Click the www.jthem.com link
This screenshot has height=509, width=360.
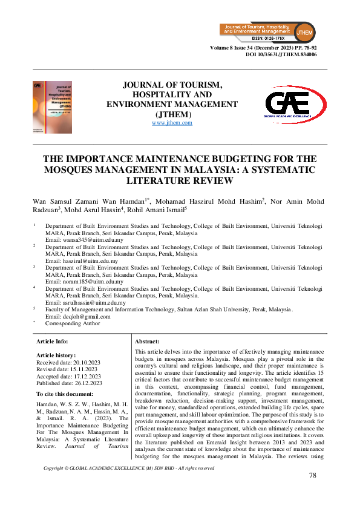[x=172, y=123]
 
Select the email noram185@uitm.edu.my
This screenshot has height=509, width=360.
[x=85, y=282]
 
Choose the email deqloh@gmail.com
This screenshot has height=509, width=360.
[x=78, y=316]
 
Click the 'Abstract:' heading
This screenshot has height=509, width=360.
[x=147, y=342]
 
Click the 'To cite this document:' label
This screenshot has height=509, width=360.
[x=68, y=394]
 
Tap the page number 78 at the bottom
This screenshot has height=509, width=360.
[x=312, y=476]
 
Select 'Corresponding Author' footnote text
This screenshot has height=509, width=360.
[x=73, y=323]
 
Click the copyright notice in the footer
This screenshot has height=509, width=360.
[x=129, y=468]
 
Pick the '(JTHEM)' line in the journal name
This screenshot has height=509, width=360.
[x=172, y=114]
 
